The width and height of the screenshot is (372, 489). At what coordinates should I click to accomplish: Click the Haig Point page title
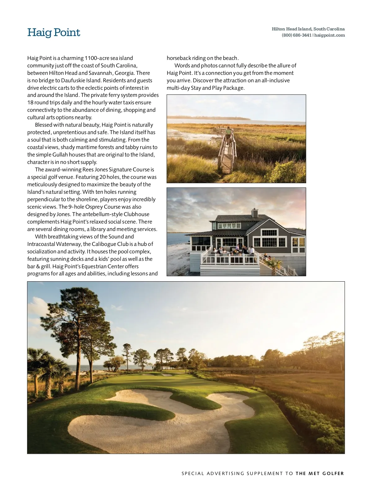tap(54, 33)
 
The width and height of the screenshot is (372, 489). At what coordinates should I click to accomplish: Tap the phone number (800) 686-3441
tap(296, 35)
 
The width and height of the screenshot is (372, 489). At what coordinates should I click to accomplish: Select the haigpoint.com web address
tap(330, 35)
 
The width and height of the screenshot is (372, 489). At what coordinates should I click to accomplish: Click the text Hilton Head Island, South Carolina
tap(308, 29)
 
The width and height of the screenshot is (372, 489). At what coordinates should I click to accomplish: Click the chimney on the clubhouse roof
tap(255, 213)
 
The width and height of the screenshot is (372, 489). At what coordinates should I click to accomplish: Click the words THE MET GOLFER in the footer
tap(320, 473)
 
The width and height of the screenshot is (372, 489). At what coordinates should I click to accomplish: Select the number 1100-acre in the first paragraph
tap(97, 58)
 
